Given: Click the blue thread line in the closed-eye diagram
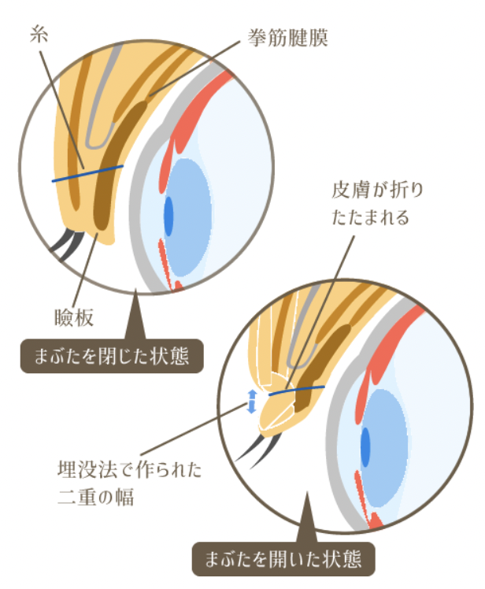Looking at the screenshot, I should pyautogui.click(x=87, y=173).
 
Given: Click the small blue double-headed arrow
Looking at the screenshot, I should pyautogui.click(x=251, y=401).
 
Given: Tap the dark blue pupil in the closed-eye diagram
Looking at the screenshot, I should pyautogui.click(x=168, y=215).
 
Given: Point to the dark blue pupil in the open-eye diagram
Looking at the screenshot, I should pyautogui.click(x=365, y=447).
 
